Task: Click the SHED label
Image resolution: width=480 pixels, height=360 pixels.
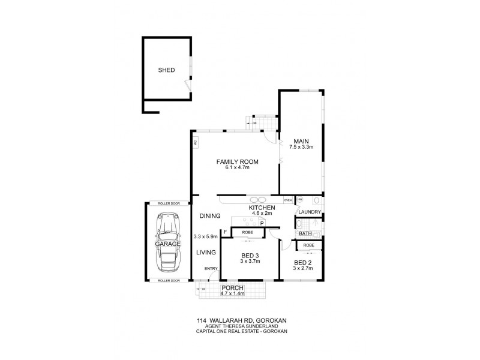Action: click(166, 70)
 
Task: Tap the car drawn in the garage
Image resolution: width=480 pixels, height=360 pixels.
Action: click(167, 242)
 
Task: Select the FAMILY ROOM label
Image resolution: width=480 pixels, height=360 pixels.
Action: click(233, 161)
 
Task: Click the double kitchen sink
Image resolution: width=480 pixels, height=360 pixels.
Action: click(259, 200)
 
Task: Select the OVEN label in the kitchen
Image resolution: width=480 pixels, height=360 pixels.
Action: click(288, 200)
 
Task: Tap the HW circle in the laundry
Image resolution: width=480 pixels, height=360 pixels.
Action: click(300, 200)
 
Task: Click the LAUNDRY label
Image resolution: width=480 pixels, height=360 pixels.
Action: click(309, 212)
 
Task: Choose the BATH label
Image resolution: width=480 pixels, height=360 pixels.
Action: click(305, 233)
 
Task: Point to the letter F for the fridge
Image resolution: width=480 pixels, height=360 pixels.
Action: click(225, 232)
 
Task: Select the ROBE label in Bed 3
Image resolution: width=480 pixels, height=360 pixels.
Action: click(247, 232)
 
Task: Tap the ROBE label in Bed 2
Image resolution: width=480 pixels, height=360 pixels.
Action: click(309, 245)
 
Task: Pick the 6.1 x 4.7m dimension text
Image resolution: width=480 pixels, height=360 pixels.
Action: click(233, 168)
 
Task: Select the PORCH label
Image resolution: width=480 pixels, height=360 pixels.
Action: click(232, 288)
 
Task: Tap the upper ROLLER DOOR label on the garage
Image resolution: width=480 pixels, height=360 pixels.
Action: click(168, 204)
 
